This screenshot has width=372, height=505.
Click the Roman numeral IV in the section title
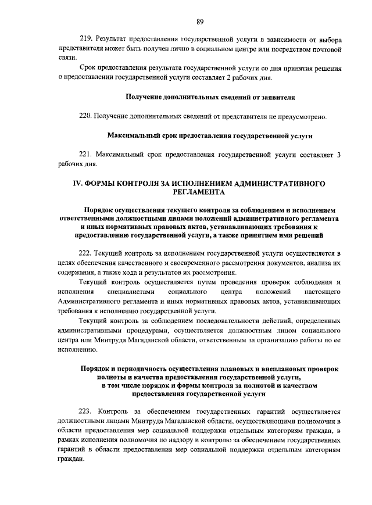77,183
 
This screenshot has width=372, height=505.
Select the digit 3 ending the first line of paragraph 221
339,154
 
